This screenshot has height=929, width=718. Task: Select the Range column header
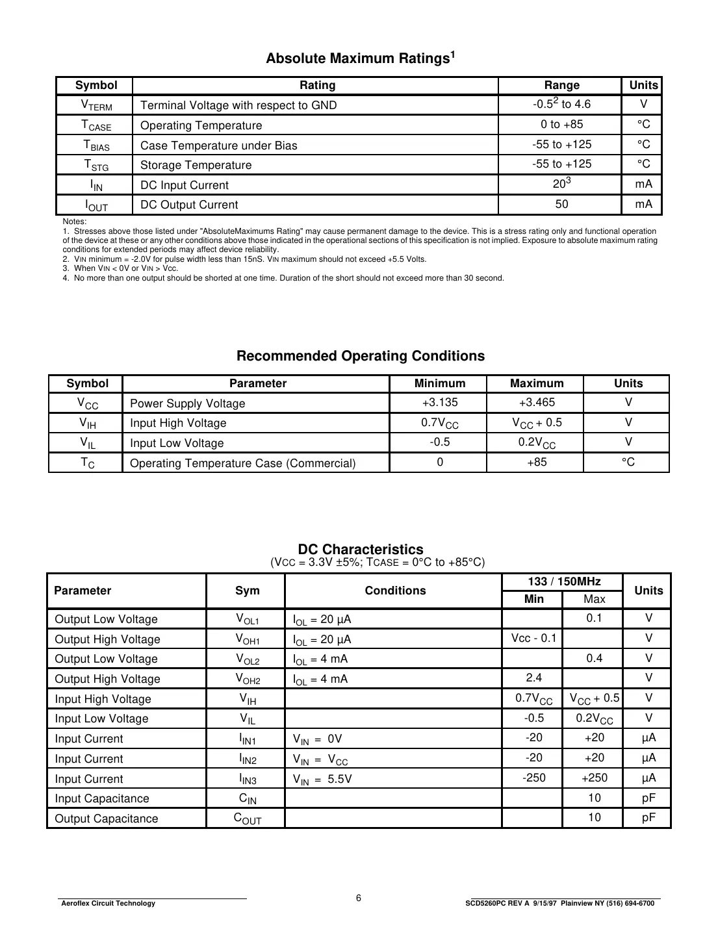click(x=561, y=85)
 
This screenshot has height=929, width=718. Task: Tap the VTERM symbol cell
click(x=96, y=105)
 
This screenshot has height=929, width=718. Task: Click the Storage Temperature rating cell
click(x=196, y=165)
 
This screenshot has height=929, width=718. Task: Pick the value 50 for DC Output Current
click(x=561, y=205)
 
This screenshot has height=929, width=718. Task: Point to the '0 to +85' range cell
click(x=561, y=125)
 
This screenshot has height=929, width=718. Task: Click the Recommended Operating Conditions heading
click(x=360, y=356)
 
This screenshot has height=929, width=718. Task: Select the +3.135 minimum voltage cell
click(x=440, y=403)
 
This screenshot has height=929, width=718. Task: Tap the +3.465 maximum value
click(x=537, y=403)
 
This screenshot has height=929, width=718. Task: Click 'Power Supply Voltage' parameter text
click(x=187, y=403)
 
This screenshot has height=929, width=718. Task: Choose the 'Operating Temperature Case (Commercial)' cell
click(x=242, y=463)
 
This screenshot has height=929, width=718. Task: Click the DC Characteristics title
click(x=360, y=550)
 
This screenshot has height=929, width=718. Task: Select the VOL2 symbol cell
click(x=247, y=659)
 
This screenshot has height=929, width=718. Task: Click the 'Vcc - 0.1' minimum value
click(x=533, y=638)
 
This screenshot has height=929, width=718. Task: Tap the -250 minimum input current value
click(x=533, y=778)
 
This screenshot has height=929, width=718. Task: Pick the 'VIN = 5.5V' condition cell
click(x=322, y=779)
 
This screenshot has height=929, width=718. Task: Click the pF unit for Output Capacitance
click(x=648, y=818)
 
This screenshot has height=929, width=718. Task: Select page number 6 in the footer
click(x=358, y=898)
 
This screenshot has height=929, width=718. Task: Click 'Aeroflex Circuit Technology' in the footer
click(x=108, y=903)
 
